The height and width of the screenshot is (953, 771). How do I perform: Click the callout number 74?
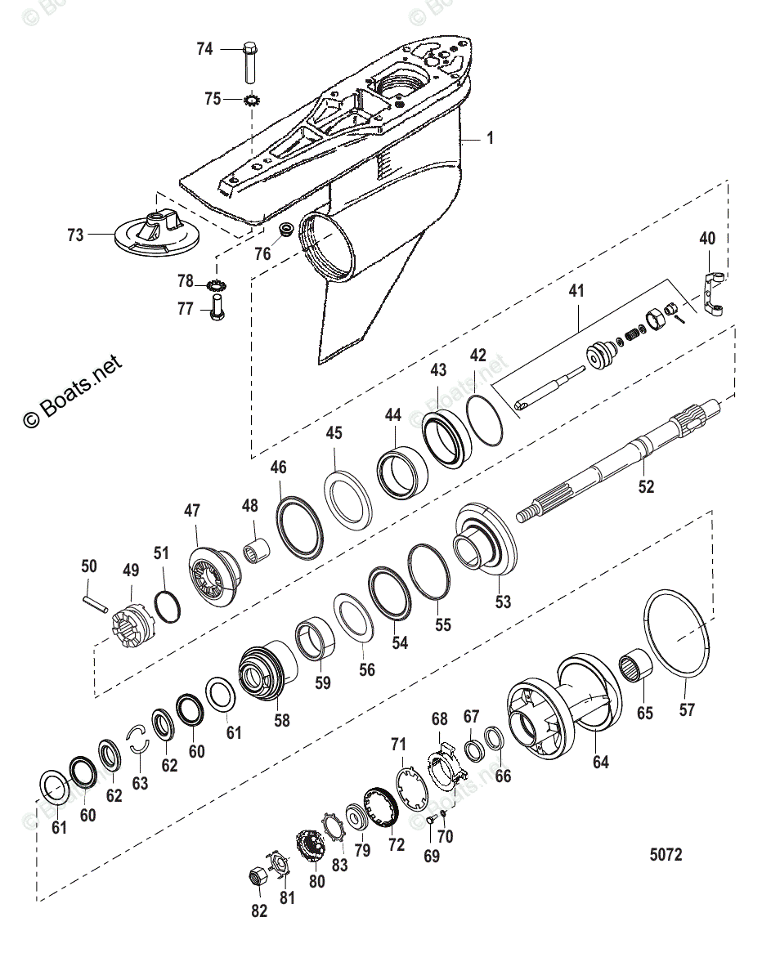(x=204, y=49)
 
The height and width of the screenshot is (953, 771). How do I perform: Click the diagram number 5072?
(x=666, y=855)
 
